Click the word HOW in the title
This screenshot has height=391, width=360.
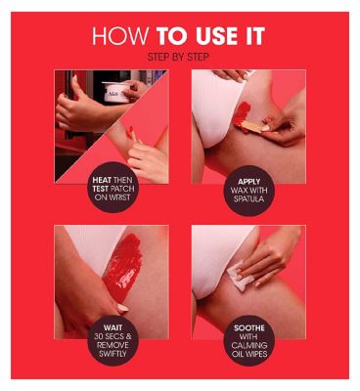(x=120, y=36)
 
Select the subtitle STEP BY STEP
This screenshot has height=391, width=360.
(x=178, y=57)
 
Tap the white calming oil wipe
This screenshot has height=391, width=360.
(x=240, y=277)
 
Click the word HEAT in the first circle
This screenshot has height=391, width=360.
(x=102, y=180)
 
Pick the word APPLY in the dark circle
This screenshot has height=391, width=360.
(x=249, y=182)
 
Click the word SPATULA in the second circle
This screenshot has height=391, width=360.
(x=249, y=198)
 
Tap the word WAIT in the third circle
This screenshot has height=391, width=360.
(x=112, y=327)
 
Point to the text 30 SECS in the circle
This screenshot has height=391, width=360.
(x=109, y=336)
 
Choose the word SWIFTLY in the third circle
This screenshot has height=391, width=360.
(x=112, y=353)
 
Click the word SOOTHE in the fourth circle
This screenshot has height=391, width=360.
(x=249, y=327)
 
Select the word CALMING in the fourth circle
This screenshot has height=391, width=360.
(x=249, y=345)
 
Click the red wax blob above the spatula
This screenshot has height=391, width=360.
(x=242, y=112)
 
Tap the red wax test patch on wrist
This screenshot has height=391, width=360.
(x=131, y=133)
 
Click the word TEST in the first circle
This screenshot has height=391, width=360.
(x=101, y=189)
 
